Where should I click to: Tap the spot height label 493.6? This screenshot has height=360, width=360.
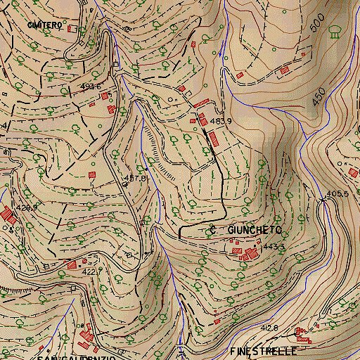(91, 86)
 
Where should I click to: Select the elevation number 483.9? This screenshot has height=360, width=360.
(221, 121)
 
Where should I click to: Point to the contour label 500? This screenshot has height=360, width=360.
(318, 28)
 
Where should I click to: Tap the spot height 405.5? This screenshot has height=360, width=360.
(337, 193)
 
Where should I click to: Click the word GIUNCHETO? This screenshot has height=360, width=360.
(255, 230)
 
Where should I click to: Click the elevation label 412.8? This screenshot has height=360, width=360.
(269, 328)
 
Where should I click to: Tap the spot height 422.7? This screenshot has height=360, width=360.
(93, 271)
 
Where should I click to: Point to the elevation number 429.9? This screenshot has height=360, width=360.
(25, 208)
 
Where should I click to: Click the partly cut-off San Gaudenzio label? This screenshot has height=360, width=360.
(76, 357)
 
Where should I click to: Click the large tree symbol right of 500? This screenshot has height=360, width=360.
(336, 29)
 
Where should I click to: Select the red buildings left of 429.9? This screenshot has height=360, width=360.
(7, 214)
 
